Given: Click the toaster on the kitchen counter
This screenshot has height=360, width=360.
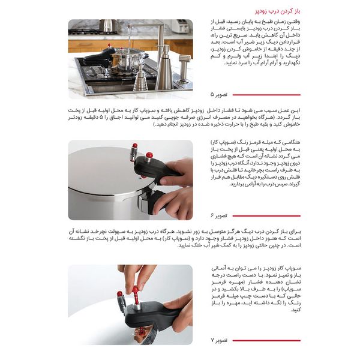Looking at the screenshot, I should (x=179, y=27).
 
